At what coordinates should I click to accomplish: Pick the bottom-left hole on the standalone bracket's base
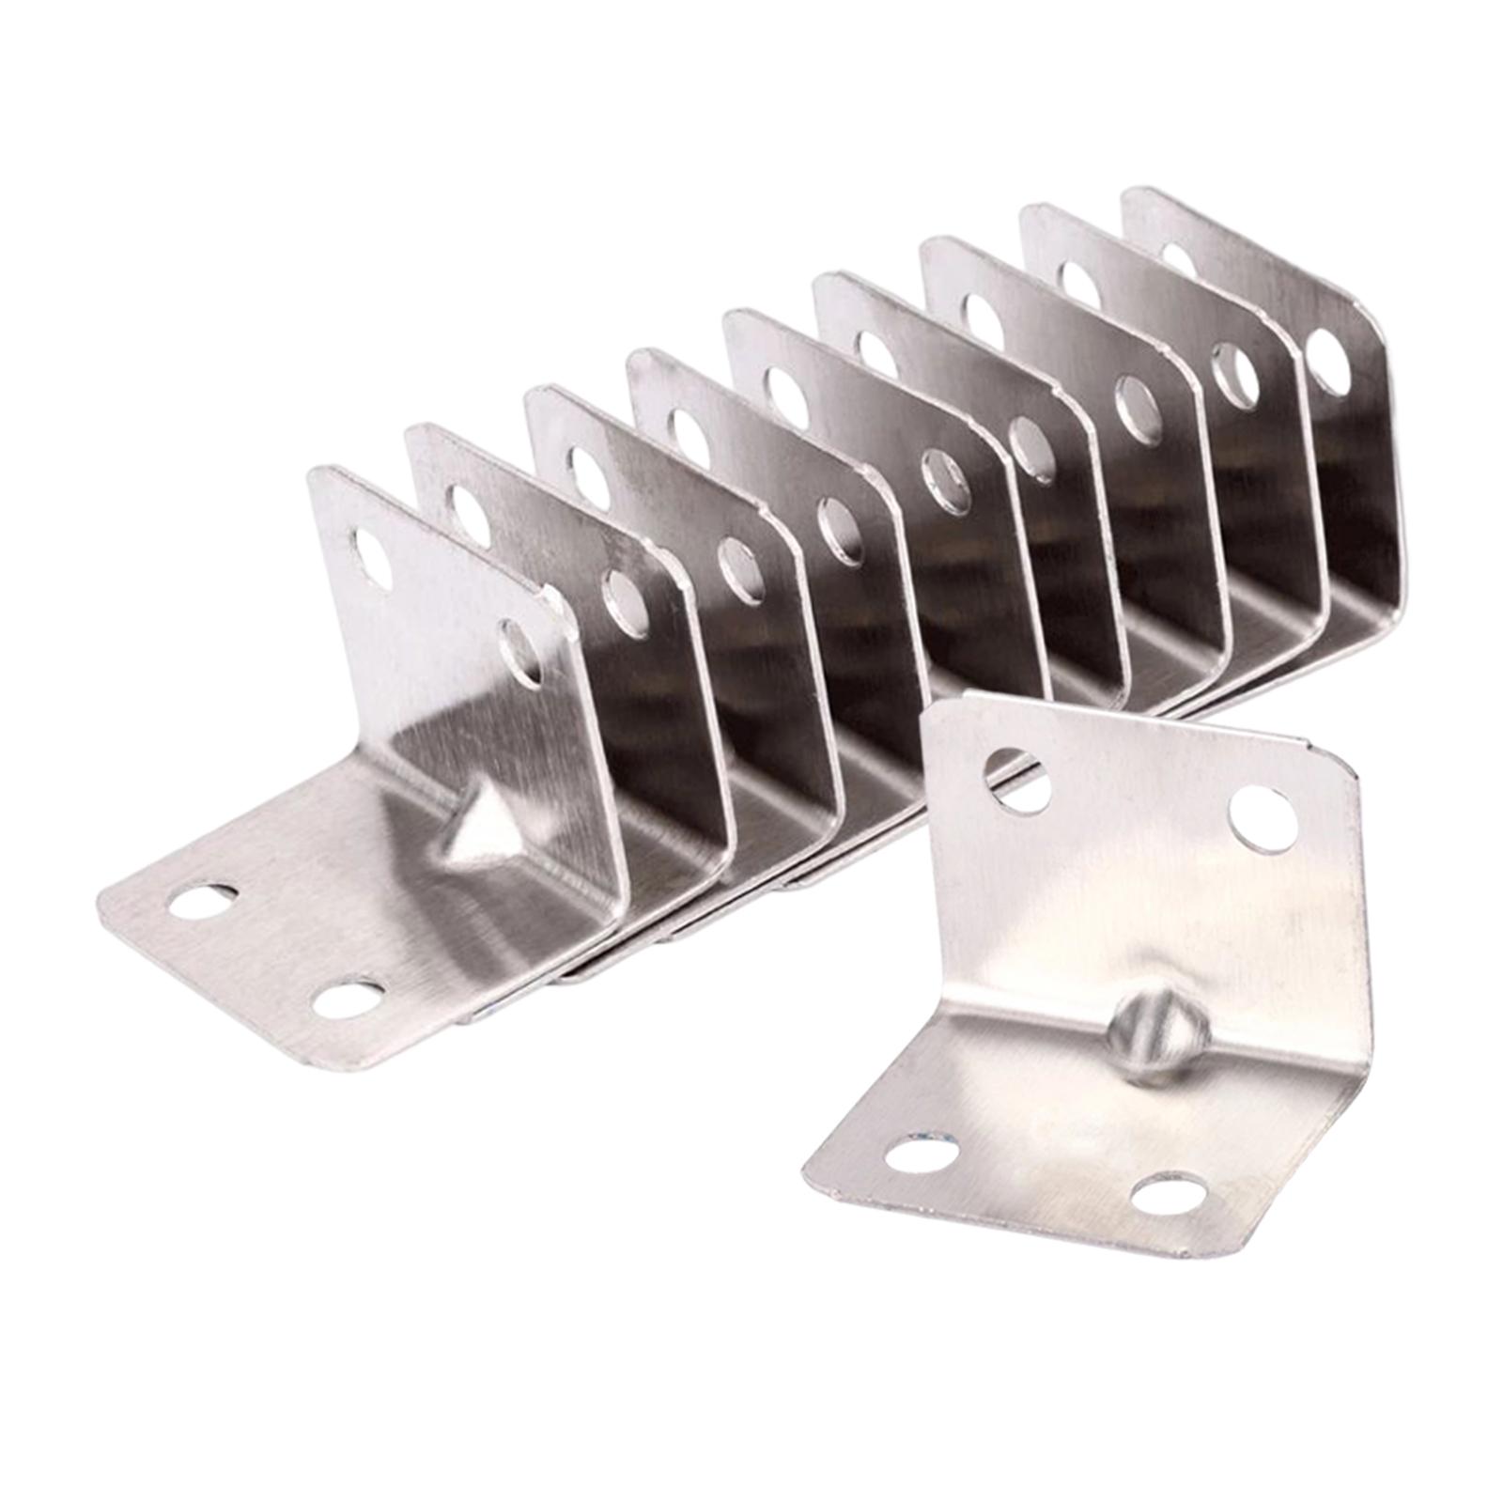pyautogui.click(x=922, y=1153)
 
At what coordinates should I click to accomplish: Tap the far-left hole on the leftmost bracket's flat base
pyautogui.click(x=203, y=902)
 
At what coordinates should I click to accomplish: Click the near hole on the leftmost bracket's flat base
pyautogui.click(x=349, y=998)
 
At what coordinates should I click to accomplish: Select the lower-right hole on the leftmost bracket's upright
pyautogui.click(x=520, y=650)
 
